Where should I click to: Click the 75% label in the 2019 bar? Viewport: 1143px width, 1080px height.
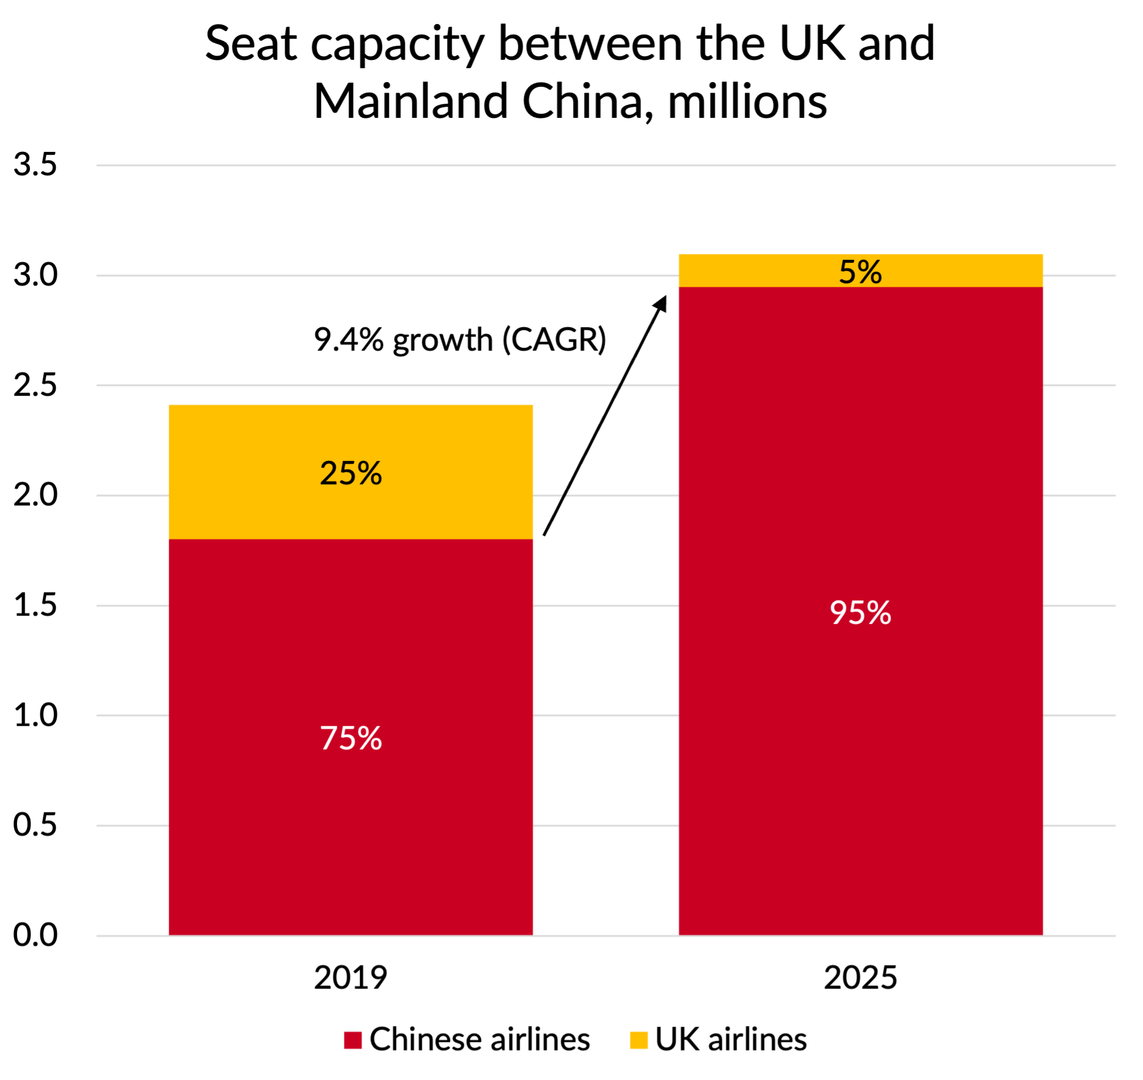350,738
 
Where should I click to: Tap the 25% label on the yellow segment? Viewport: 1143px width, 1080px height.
350,473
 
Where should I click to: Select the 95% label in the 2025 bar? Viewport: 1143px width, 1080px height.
860,613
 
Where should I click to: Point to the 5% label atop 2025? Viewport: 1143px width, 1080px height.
860,271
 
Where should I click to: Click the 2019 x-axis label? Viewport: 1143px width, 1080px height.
350,977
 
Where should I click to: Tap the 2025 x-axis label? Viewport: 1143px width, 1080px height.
860,977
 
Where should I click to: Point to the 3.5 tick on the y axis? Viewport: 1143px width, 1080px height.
35,165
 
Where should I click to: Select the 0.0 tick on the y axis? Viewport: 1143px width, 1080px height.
35,935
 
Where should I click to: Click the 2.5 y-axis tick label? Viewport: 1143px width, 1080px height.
35,385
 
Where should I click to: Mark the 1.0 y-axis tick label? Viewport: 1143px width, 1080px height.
35,715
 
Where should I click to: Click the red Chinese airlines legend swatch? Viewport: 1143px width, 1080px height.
353,1040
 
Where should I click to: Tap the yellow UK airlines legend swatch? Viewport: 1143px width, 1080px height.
638,1040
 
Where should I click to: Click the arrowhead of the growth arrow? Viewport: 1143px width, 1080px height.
662,302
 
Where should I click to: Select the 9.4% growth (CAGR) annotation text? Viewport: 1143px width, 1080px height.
460,339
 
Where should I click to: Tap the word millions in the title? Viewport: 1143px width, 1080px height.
747,101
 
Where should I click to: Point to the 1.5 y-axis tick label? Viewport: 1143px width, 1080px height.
35,605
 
